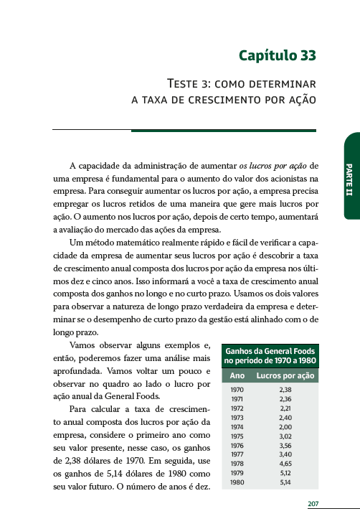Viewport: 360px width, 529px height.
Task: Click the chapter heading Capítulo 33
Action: point(278,55)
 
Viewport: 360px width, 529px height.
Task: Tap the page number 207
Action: point(313,504)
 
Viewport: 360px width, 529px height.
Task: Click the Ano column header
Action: point(237,375)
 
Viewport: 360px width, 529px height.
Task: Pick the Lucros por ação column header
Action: point(285,375)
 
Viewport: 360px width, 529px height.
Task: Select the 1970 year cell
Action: point(237,390)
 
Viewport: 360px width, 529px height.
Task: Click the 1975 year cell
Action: point(237,436)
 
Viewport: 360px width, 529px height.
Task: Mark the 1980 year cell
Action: point(237,482)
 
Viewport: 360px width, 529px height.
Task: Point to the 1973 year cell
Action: point(237,417)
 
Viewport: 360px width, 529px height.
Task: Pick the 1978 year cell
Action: point(237,464)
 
